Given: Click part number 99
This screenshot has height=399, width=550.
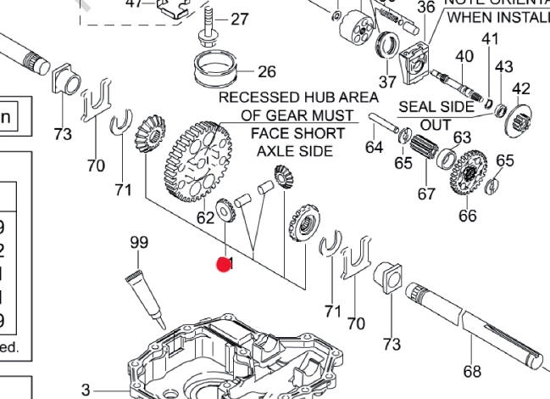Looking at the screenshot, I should tap(138, 243).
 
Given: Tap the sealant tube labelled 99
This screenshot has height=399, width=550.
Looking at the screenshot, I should tap(146, 293).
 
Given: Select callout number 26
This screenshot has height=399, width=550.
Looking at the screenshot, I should tap(267, 71).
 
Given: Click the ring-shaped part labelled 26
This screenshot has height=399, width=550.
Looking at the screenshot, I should tap(216, 68).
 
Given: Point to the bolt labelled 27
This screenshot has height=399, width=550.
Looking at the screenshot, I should tap(206, 23).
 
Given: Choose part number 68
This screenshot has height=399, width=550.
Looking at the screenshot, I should tap(472, 370).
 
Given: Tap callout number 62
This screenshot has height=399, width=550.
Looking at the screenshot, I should tap(206, 216).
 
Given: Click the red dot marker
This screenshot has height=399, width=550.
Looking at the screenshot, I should tap(224, 265).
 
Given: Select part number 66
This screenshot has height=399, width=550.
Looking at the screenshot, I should tap(468, 216).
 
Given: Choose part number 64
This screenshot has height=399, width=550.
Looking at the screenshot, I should tap(375, 148).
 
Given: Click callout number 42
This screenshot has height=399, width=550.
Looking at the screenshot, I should tap(521, 88).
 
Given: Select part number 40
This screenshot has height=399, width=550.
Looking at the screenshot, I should tap(464, 56).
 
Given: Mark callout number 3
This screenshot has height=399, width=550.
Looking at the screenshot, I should tap(86, 390).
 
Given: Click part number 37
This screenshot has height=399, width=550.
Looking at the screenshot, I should tap(387, 81).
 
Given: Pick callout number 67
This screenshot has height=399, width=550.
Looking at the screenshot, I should tap(426, 194).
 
